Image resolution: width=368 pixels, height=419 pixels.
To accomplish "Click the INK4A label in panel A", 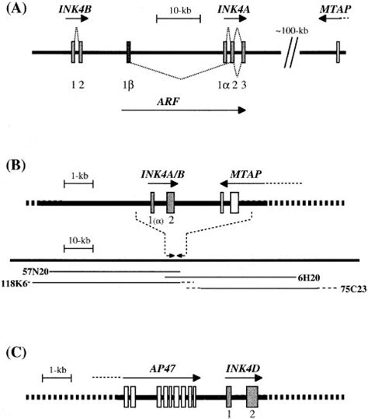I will click(x=234, y=10).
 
